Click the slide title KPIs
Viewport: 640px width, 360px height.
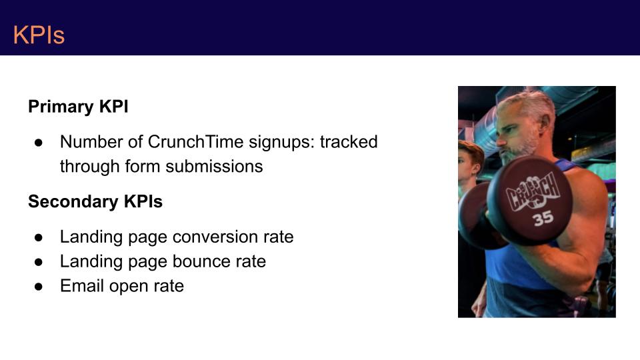(x=39, y=35)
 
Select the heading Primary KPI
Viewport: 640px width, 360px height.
(x=78, y=107)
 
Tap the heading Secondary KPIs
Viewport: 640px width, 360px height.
(x=95, y=201)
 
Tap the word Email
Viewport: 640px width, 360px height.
(x=82, y=286)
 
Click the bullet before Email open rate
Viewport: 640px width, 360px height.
(x=39, y=287)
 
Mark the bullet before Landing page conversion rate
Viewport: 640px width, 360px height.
(x=39, y=237)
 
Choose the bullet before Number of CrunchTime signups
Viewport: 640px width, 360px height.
(x=39, y=143)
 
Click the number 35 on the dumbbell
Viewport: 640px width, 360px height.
(x=543, y=219)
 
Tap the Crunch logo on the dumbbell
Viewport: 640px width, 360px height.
(x=533, y=192)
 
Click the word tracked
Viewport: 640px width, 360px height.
(x=349, y=142)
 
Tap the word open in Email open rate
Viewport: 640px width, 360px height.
(x=129, y=287)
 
